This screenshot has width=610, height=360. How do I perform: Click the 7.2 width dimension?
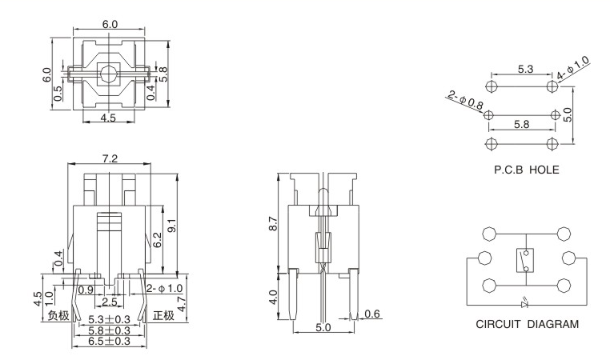point(110,157)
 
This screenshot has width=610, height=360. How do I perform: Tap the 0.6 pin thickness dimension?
point(371,314)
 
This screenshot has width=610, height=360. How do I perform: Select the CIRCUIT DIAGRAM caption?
point(526,324)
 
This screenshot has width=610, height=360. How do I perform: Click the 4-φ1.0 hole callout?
point(574,67)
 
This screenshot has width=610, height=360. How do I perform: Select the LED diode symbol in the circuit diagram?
point(524,305)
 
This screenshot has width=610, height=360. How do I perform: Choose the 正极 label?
point(163,315)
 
